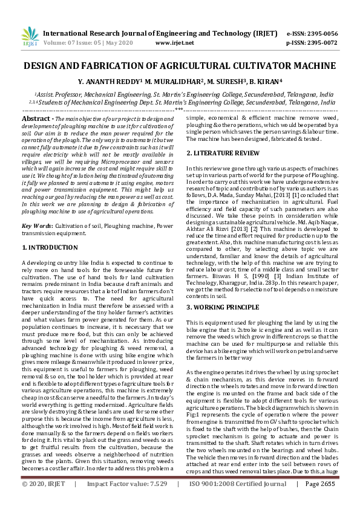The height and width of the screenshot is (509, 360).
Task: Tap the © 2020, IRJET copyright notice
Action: [42, 501]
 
